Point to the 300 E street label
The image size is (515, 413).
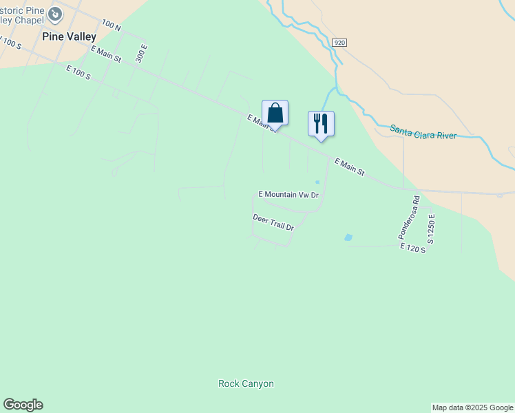click(142, 53)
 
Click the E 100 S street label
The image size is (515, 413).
click(78, 72)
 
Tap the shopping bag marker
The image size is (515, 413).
click(275, 114)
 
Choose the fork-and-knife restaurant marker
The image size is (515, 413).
click(321, 124)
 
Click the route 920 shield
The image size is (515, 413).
click(339, 43)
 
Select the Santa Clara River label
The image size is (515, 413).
click(423, 131)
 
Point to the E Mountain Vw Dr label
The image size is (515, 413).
click(288, 195)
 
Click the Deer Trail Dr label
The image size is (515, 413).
click(273, 222)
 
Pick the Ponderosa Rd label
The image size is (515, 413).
click(409, 218)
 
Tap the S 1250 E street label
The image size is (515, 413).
click(432, 229)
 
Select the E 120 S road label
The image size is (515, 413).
click(413, 247)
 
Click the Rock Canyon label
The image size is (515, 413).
click(246, 383)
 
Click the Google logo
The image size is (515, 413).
click(23, 405)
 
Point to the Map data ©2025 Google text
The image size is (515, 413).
click(472, 407)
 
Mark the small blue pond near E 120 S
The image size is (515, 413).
click(348, 237)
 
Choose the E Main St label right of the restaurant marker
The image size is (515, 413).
click(349, 167)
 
